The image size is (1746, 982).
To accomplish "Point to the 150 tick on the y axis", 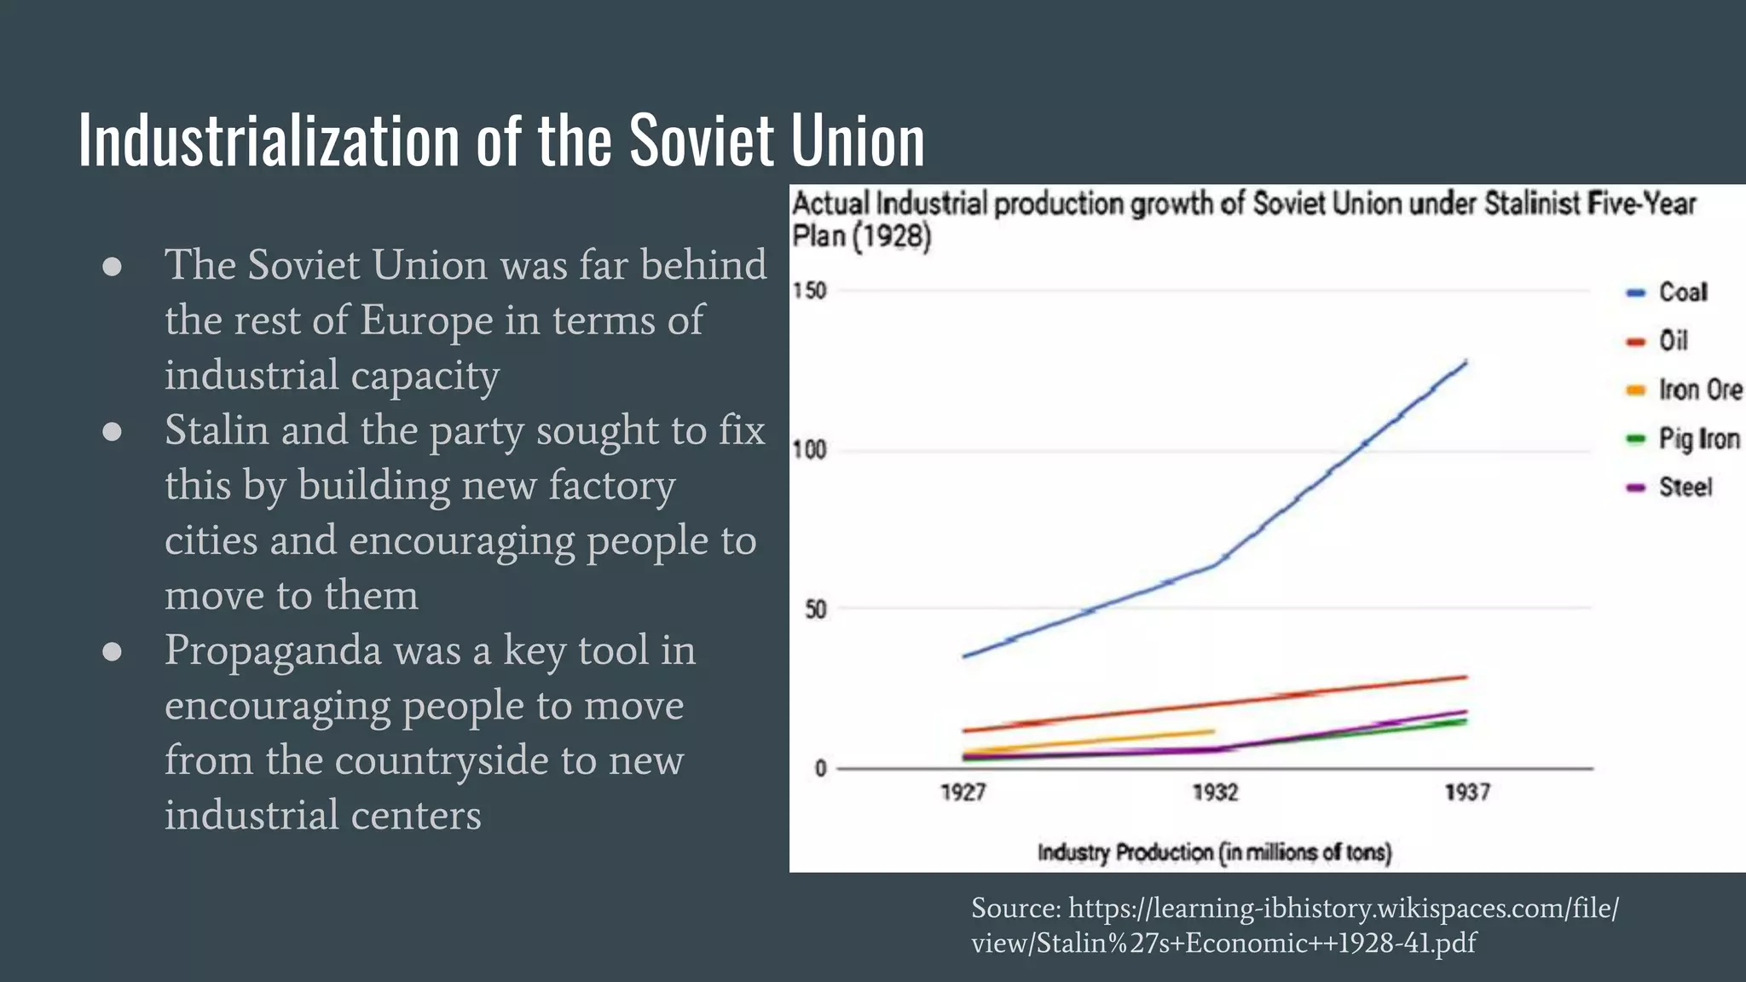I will click(x=809, y=291).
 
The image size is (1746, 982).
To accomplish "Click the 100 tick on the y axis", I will click(x=809, y=450).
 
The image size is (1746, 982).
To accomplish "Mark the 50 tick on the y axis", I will click(x=815, y=609).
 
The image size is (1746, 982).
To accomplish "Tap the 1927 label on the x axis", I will click(x=963, y=793).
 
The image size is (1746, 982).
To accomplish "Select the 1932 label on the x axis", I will click(x=1215, y=793).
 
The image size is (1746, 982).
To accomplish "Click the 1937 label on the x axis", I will click(x=1467, y=793).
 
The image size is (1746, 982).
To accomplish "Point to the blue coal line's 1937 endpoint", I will click(x=1466, y=361).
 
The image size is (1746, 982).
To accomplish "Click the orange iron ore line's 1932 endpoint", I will click(x=1213, y=731).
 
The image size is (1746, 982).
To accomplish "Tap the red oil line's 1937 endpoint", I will click(x=1466, y=677).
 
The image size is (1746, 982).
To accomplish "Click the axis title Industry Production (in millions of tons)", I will click(x=1214, y=852).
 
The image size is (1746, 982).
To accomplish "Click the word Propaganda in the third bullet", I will click(x=273, y=651).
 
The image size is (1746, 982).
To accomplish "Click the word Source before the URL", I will click(x=1015, y=909).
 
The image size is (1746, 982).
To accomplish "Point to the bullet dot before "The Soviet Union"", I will click(x=112, y=267).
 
